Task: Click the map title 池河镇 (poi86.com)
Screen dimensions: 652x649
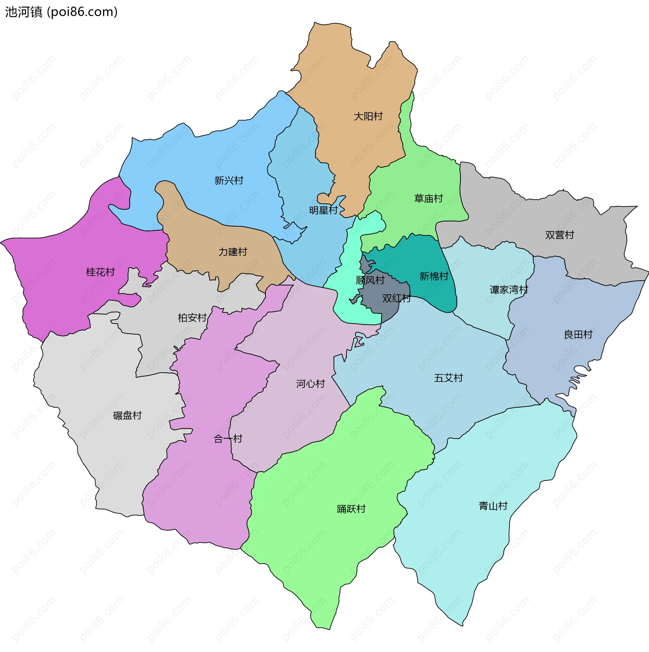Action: click(61, 12)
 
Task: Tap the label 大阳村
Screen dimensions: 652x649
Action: click(368, 116)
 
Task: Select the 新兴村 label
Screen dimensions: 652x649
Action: click(229, 180)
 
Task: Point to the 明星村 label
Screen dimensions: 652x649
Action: click(323, 210)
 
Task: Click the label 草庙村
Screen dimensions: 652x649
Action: click(428, 198)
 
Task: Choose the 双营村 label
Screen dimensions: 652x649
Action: click(559, 235)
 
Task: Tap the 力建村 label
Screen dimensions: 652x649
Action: click(233, 252)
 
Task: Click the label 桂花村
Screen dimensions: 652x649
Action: click(100, 272)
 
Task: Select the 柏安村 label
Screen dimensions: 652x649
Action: click(192, 318)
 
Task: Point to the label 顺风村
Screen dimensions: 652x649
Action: click(370, 280)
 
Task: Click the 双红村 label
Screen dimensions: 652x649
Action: click(396, 298)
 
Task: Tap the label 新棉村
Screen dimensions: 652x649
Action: click(434, 276)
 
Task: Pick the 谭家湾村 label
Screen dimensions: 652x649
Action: click(508, 290)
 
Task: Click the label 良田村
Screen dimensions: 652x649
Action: click(578, 335)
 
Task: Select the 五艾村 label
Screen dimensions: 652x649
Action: click(448, 378)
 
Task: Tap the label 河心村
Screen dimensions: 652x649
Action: click(310, 384)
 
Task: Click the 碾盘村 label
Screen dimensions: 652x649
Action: click(127, 415)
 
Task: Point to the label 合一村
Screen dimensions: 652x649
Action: click(228, 439)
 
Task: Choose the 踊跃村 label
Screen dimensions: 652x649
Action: click(351, 509)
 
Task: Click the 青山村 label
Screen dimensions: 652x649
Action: click(493, 506)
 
